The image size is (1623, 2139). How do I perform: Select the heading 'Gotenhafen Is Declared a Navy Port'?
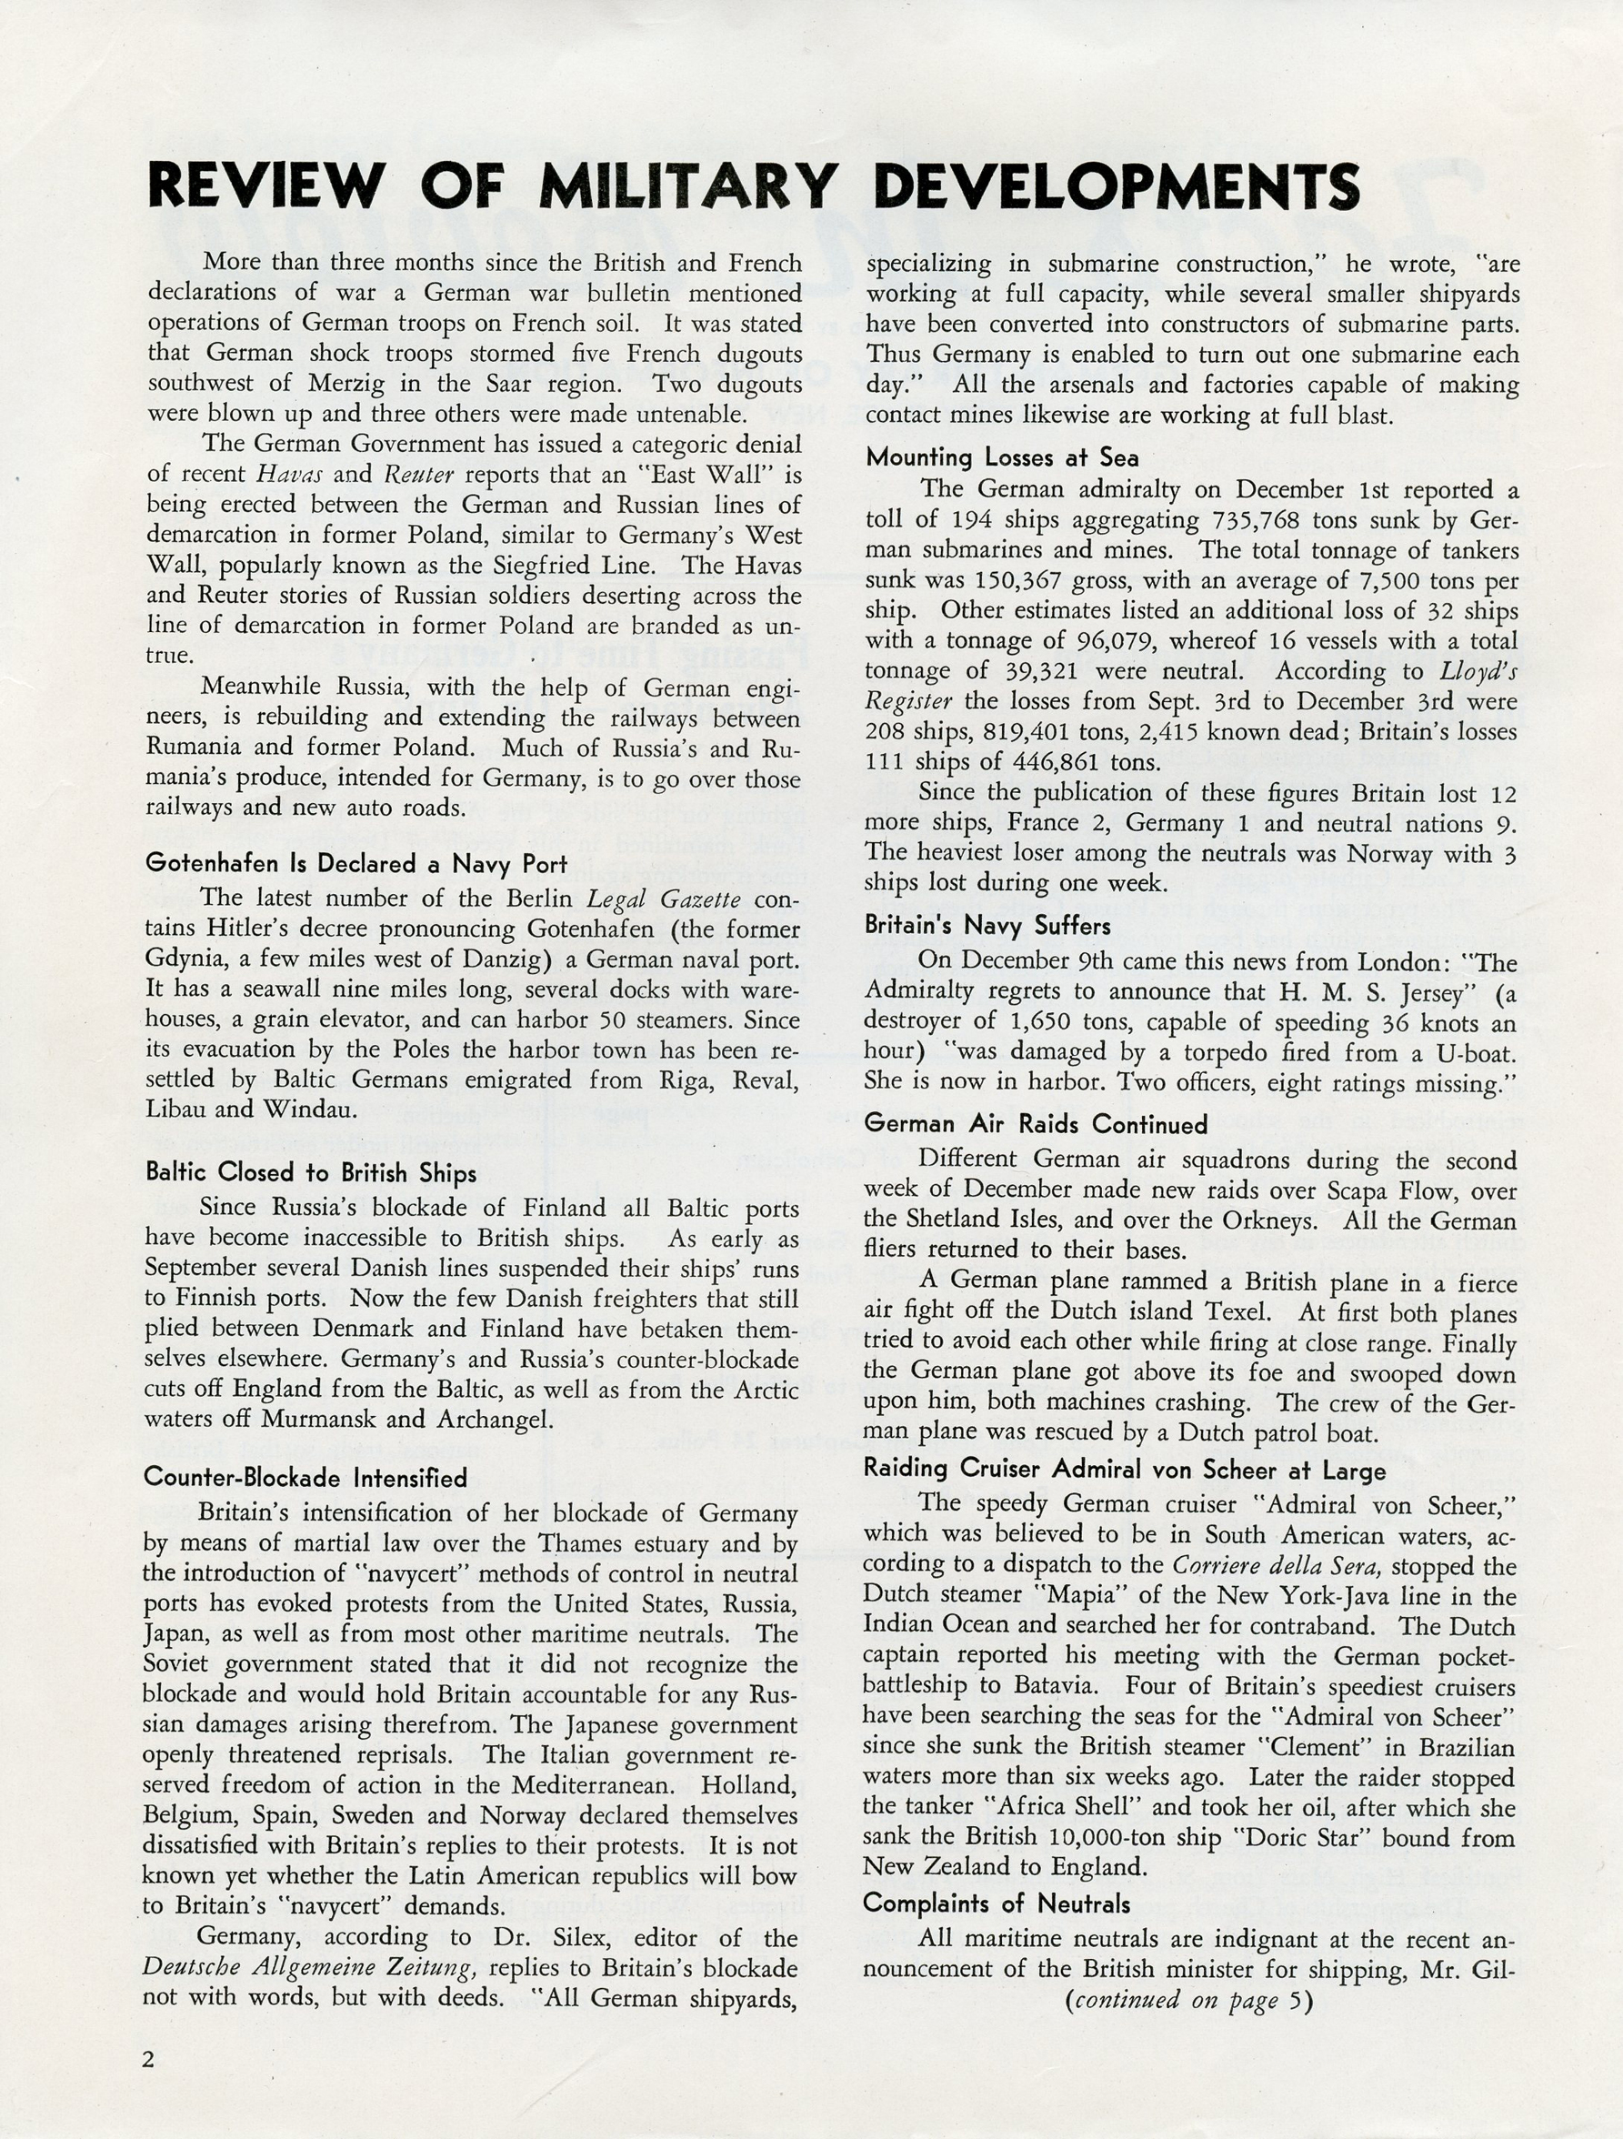(x=355, y=864)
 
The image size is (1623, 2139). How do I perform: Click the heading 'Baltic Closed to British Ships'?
(x=310, y=1173)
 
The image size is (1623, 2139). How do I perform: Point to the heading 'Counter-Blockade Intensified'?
(x=306, y=1478)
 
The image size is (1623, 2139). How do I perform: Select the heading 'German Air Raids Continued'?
(x=1036, y=1124)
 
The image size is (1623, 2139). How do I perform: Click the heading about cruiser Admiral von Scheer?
(x=1124, y=1470)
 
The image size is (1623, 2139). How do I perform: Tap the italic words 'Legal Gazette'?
(x=663, y=899)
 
